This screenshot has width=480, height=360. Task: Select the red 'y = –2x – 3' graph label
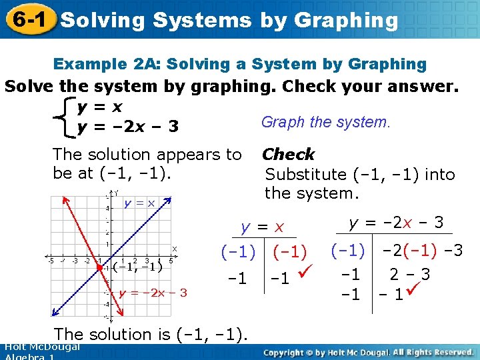153,293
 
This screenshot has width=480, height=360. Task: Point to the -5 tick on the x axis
50,261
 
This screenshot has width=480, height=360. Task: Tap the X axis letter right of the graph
175,249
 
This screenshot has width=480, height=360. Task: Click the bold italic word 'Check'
288,155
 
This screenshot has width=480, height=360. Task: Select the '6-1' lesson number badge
28,19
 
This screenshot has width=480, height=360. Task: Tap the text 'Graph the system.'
325,122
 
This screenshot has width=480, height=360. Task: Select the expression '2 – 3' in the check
409,274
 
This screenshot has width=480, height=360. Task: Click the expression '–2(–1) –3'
421,251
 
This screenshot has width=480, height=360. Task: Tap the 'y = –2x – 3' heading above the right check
396,222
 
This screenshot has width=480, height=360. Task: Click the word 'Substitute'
304,175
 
